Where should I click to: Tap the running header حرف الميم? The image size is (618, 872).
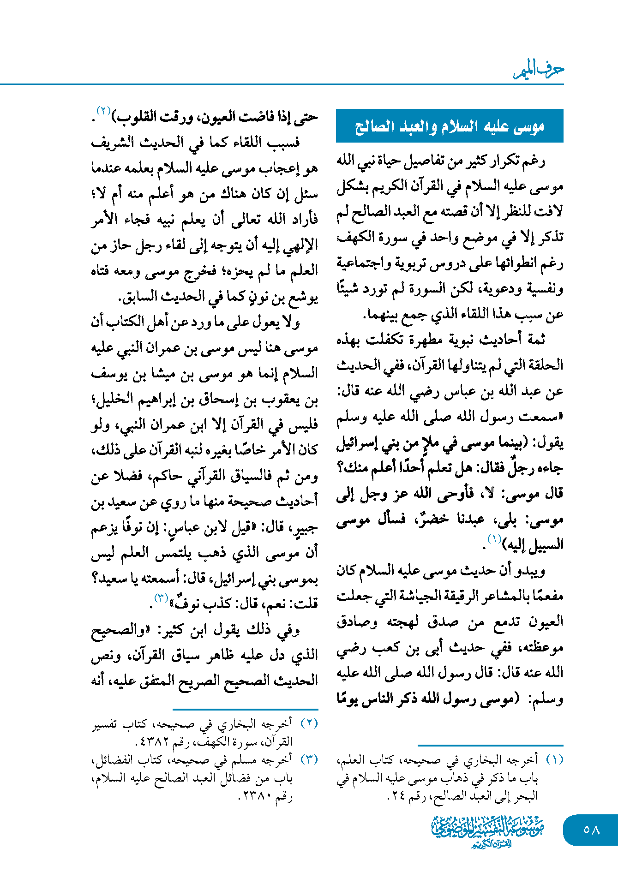coord(539,70)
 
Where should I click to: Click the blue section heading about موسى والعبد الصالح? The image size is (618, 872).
coord(450,126)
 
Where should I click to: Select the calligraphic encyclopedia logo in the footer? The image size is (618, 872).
coord(487,830)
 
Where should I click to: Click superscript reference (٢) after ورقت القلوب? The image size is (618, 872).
coord(103,111)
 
